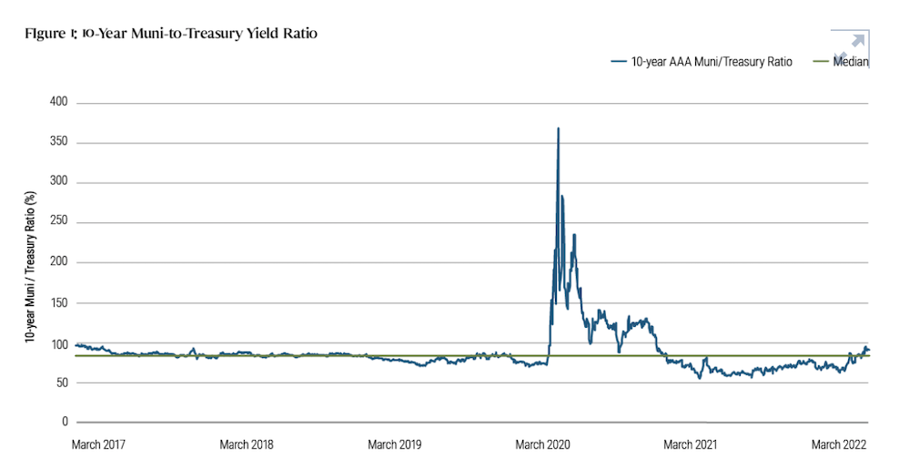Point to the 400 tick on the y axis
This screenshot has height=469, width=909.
click(58, 103)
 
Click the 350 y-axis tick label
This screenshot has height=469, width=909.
click(58, 143)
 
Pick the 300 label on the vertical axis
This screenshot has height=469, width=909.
click(58, 183)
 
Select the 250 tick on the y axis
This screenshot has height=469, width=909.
click(58, 223)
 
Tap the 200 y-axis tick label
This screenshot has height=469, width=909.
click(58, 263)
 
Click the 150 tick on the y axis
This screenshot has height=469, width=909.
click(58, 303)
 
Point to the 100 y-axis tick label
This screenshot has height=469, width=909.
click(58, 344)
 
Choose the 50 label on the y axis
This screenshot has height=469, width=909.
click(61, 383)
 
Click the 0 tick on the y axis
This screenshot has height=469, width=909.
click(65, 423)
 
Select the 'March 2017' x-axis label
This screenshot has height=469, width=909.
click(98, 445)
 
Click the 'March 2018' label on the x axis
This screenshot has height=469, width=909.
click(247, 445)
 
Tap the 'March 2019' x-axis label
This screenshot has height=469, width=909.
click(394, 445)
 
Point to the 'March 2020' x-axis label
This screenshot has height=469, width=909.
click(541, 445)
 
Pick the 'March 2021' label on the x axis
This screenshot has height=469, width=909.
click(690, 445)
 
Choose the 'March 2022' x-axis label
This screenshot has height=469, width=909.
click(838, 445)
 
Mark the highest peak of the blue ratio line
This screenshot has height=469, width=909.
click(558, 128)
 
